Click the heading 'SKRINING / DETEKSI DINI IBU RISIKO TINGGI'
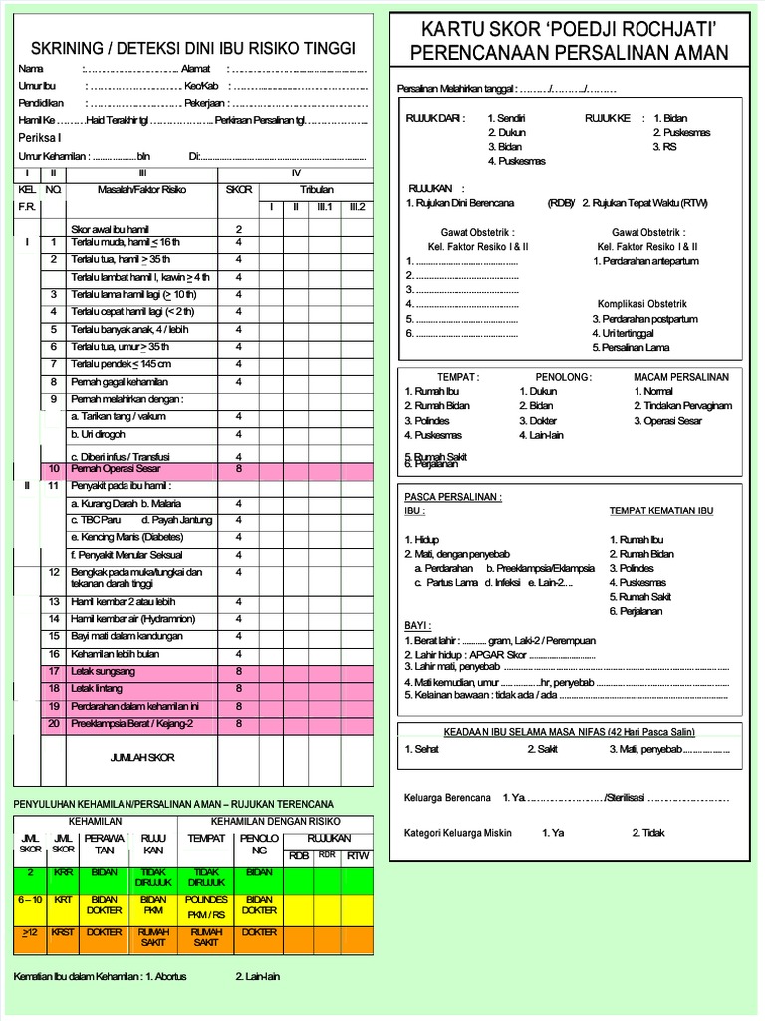pyautogui.click(x=192, y=49)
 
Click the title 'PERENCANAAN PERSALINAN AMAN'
pyautogui.click(x=569, y=53)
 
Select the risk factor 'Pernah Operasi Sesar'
pyautogui.click(x=116, y=468)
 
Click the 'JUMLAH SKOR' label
pyautogui.click(x=141, y=758)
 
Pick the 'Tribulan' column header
pyautogui.click(x=316, y=189)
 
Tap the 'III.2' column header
pyautogui.click(x=356, y=207)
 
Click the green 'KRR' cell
pyautogui.click(x=63, y=872)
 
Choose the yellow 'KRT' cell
pyautogui.click(x=63, y=899)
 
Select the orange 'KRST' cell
pyautogui.click(x=63, y=933)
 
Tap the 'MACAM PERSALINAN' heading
pyautogui.click(x=680, y=377)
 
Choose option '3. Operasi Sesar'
pyautogui.click(x=666, y=421)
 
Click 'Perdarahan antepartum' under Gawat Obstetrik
pyautogui.click(x=644, y=261)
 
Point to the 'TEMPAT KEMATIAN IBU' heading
pyautogui.click(x=660, y=511)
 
